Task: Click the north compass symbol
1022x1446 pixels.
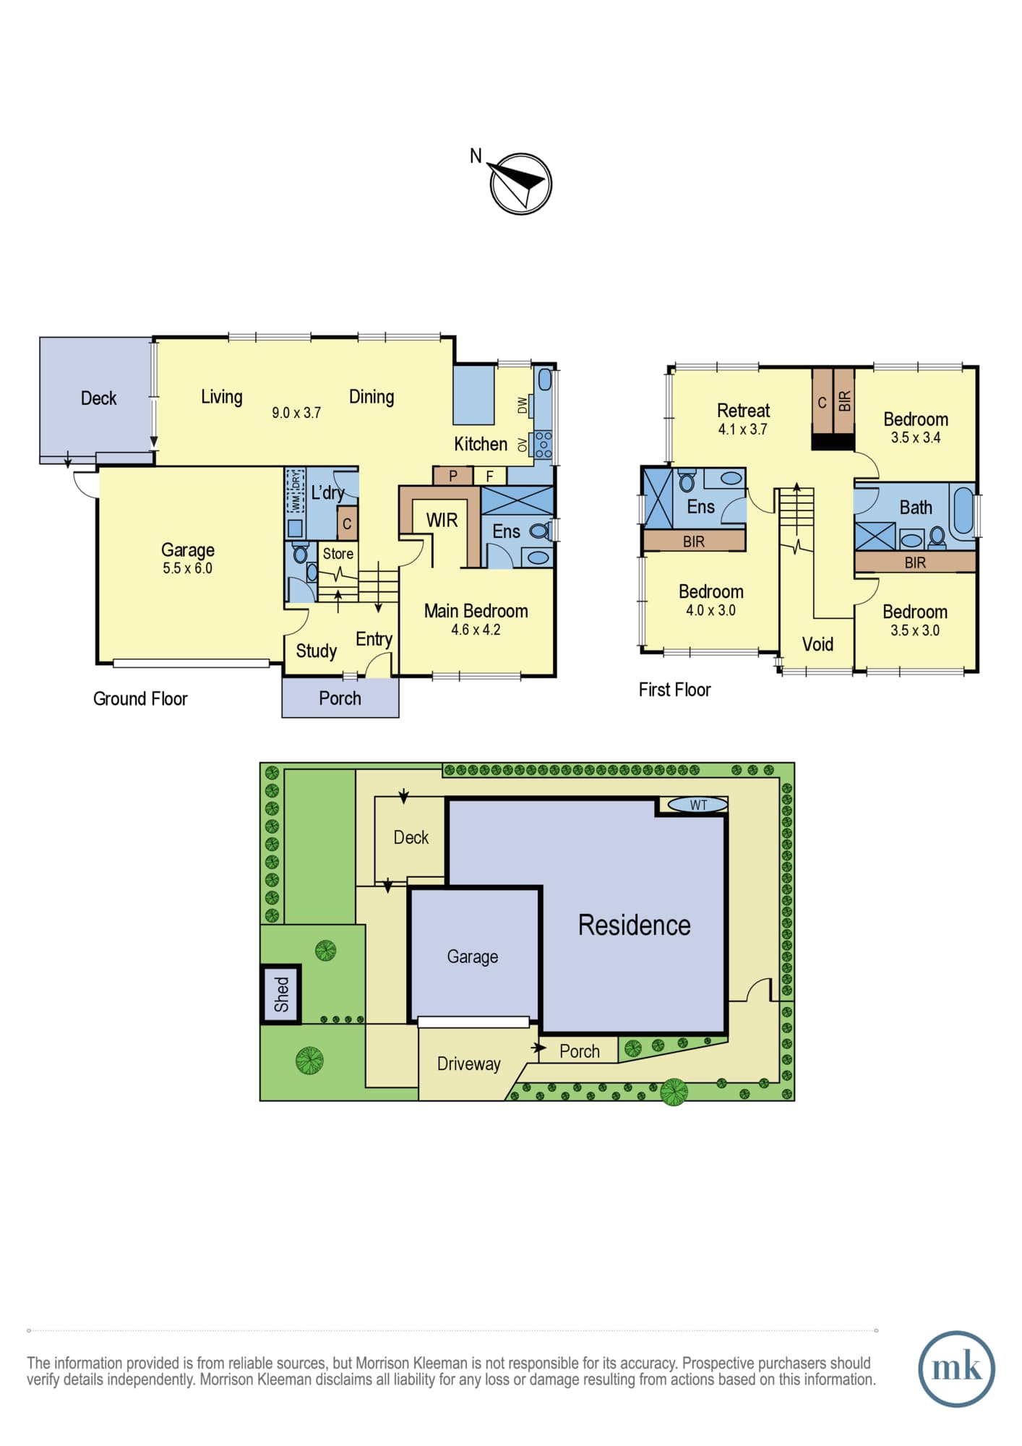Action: coord(520,183)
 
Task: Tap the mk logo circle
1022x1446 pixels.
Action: coord(956,1369)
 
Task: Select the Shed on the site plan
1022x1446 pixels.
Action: coord(281,994)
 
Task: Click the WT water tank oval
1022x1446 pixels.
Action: coord(697,805)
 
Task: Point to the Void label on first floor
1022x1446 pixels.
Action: coord(817,644)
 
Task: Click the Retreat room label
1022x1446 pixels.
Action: coord(743,411)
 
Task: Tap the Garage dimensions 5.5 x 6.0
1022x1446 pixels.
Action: coord(187,568)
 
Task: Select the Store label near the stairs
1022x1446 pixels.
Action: coord(338,554)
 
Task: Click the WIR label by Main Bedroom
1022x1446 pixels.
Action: coord(442,520)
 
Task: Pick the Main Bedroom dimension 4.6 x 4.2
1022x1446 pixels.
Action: coord(476,630)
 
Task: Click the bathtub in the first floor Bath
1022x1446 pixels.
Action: coord(963,511)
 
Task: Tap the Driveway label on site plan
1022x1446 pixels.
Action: coord(468,1064)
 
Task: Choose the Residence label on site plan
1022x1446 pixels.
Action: coord(634,925)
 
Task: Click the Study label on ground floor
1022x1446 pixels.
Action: coord(316,651)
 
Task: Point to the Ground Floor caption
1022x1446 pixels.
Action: coord(140,698)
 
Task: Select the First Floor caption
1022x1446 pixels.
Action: coord(674,690)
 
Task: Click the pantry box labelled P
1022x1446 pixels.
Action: coord(452,476)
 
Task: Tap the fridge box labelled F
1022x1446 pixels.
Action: coord(490,476)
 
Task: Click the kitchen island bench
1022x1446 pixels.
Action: coord(473,395)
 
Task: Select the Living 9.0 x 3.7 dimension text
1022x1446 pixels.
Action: coord(296,413)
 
